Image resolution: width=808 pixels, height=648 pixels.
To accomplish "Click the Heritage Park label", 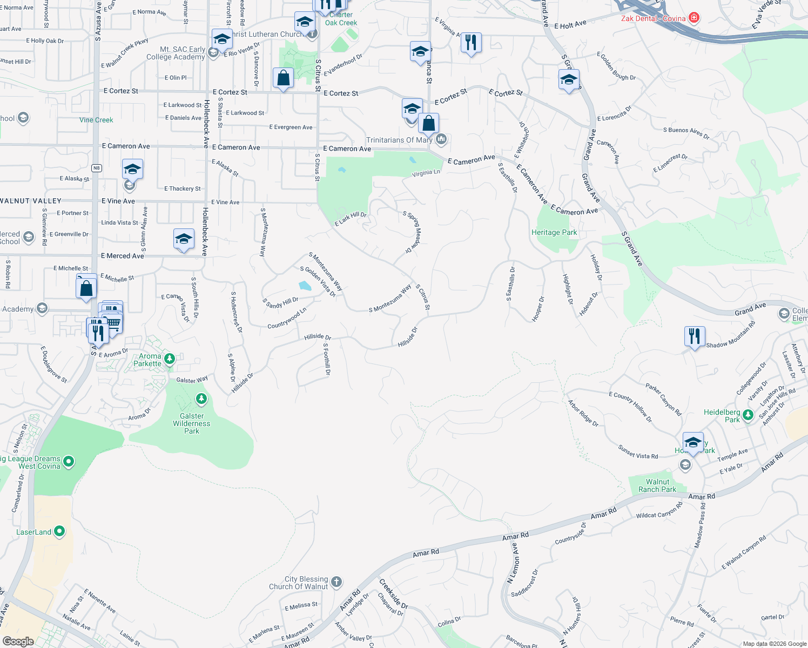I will pyautogui.click(x=554, y=232).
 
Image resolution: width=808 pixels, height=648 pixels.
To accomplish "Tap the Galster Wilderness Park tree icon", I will pyautogui.click(x=201, y=399).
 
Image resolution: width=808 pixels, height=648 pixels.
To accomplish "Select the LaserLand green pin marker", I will pyautogui.click(x=59, y=531).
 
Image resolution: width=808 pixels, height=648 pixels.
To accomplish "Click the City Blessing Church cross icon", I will pyautogui.click(x=336, y=582).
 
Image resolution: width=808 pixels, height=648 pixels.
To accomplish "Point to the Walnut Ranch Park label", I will pyautogui.click(x=657, y=485).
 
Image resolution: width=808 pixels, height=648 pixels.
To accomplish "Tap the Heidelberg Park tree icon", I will pyautogui.click(x=748, y=415).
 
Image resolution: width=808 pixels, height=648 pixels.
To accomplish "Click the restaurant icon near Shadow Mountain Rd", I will pyautogui.click(x=695, y=336).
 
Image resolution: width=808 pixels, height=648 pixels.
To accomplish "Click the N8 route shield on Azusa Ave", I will pyautogui.click(x=97, y=168).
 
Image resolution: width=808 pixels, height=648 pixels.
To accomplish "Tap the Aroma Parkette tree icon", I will pyautogui.click(x=170, y=359).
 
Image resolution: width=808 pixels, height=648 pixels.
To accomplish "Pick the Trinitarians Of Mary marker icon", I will pyautogui.click(x=441, y=139).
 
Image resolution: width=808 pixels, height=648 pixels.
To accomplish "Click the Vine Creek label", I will pyautogui.click(x=96, y=120).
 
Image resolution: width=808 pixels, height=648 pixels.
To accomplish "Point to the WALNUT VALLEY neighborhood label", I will pyautogui.click(x=31, y=201).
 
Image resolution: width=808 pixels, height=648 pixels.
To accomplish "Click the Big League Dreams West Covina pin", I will pyautogui.click(x=69, y=461).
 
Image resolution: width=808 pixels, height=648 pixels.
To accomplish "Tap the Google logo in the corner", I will pyautogui.click(x=18, y=642).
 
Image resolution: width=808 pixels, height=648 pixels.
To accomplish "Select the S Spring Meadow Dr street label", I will pyautogui.click(x=413, y=232).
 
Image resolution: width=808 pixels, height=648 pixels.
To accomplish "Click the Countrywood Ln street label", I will pyautogui.click(x=287, y=318).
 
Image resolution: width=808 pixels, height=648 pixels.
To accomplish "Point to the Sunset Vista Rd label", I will pyautogui.click(x=638, y=452).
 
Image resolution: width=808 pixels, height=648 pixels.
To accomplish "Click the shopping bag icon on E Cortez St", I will pyautogui.click(x=283, y=79).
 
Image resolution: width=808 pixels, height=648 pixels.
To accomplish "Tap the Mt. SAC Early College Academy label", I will pyautogui.click(x=176, y=53).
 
